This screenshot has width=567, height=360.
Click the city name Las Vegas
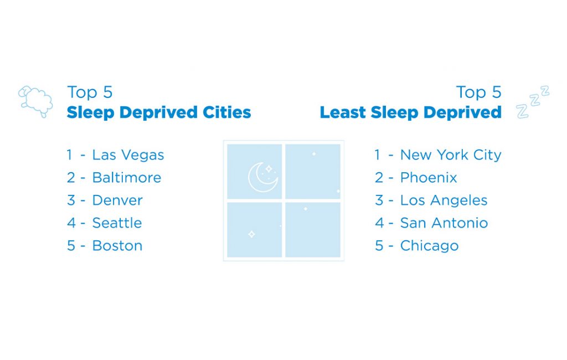[x=128, y=155]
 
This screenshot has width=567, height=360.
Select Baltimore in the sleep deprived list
[x=127, y=178]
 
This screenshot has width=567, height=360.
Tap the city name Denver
[x=117, y=200]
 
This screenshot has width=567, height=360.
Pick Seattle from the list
[x=117, y=223]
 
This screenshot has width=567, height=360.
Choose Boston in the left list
[x=117, y=246]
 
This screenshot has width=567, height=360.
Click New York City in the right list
[x=451, y=155]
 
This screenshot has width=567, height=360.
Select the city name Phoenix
[x=429, y=178]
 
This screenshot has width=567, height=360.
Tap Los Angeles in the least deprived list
[x=444, y=200]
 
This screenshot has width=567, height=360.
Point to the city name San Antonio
[x=444, y=223]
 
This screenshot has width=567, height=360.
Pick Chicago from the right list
[x=429, y=246]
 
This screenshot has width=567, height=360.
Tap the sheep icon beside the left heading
[x=35, y=101]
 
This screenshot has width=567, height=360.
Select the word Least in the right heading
[x=343, y=112]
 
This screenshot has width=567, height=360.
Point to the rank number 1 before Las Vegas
[x=69, y=155]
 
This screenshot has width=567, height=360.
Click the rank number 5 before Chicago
[x=379, y=246]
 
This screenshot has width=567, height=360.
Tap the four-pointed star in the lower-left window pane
[x=252, y=234]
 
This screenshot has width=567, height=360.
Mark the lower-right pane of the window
[x=313, y=230]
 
